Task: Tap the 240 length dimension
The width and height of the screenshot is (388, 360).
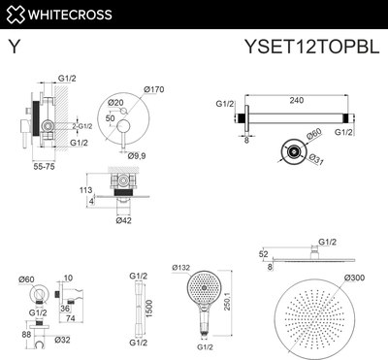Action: click(x=288, y=98)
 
